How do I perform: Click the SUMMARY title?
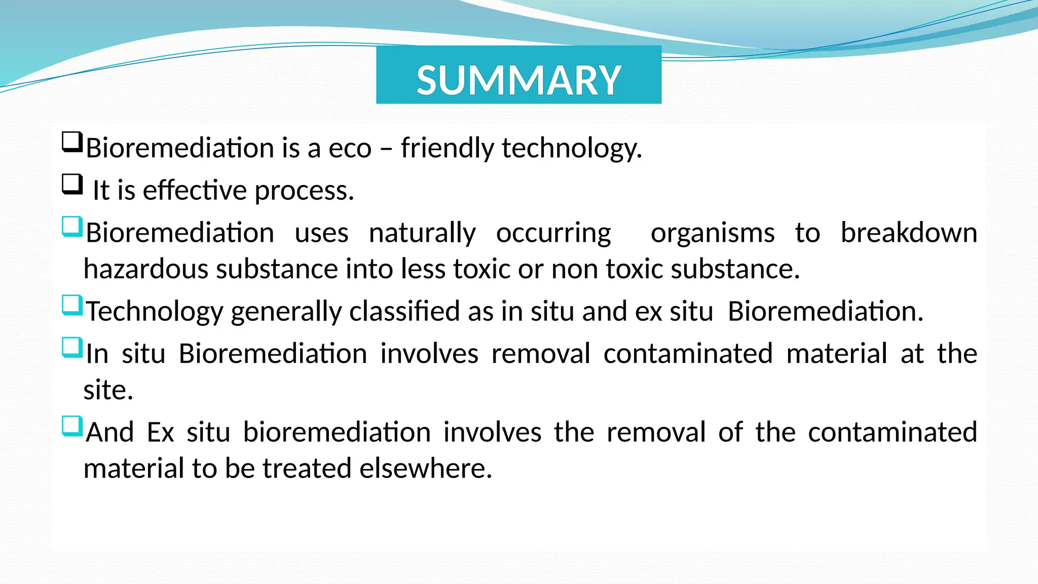coord(518,80)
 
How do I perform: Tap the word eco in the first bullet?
coord(350,149)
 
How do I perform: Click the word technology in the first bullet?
coord(571,149)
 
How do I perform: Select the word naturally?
coord(422,234)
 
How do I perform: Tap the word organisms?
coord(712,234)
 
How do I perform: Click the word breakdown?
coord(909,233)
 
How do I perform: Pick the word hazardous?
coord(146,269)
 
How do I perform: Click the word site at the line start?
coord(108,390)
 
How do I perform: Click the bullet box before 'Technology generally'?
coord(72,305)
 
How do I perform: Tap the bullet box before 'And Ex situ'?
coord(72,426)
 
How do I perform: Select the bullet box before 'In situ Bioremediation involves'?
coord(72,348)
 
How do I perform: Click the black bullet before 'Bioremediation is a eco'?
coord(72,142)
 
